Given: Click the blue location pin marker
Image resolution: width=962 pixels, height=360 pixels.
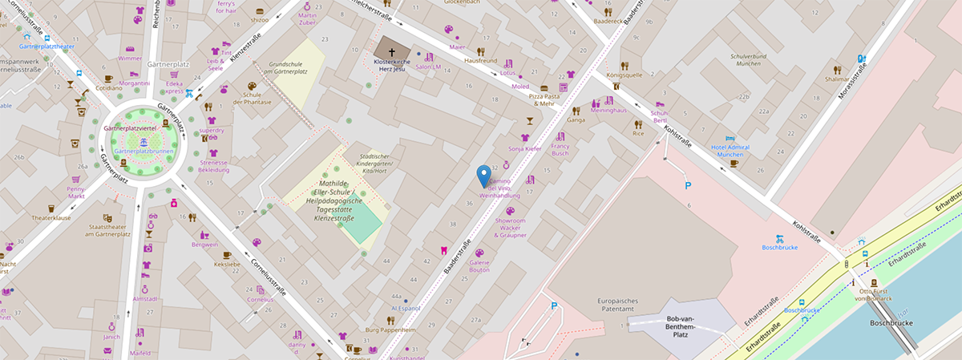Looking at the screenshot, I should (483, 174).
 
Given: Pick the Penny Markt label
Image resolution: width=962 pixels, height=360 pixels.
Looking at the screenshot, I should (77, 192).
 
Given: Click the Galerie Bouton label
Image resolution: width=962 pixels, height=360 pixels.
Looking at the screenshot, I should (479, 266).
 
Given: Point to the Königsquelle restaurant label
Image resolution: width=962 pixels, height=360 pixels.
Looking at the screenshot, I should (624, 75).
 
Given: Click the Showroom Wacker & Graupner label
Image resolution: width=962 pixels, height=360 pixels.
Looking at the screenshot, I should (510, 227).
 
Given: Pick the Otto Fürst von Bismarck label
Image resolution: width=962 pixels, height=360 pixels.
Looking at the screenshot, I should (871, 297).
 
